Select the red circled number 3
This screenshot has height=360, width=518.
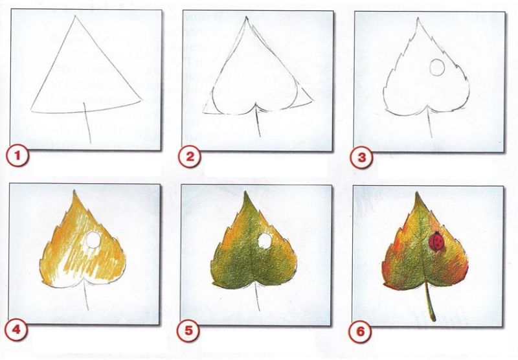(x=362, y=157)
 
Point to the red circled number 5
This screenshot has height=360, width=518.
(x=188, y=330)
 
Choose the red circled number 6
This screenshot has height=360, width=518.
(x=361, y=330)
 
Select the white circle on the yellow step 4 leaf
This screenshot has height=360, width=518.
(x=93, y=239)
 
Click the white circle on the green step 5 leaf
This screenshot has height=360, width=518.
(x=264, y=240)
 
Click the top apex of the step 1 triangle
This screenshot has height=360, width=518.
(x=75, y=16)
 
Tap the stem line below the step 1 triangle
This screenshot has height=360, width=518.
(x=87, y=122)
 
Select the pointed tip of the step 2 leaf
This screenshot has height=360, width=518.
(x=246, y=17)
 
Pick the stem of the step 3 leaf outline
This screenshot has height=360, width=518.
(x=430, y=122)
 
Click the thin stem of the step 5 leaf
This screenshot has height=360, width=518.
(x=258, y=297)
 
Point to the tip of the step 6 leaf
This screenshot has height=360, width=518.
(x=417, y=192)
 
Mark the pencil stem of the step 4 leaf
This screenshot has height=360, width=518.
(x=87, y=295)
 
